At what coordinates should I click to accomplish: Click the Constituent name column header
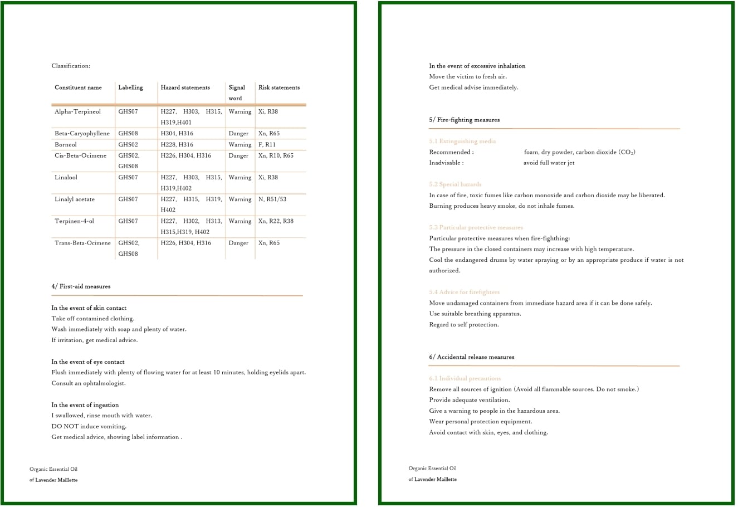[78, 87]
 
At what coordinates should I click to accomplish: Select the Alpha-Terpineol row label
[77, 111]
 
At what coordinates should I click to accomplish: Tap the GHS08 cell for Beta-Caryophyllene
[128, 134]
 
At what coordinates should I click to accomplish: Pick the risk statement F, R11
[267, 145]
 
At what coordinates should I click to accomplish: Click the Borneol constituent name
[66, 145]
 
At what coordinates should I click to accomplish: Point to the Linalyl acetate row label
[75, 199]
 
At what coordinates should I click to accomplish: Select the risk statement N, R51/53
[272, 199]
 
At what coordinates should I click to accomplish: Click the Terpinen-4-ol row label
[74, 221]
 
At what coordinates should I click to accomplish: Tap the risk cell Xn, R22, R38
[276, 221]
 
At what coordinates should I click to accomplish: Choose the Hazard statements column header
[185, 87]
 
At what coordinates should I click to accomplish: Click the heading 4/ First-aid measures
[81, 286]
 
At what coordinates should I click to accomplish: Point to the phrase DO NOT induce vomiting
[89, 426]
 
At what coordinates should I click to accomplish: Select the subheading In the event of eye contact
[88, 362]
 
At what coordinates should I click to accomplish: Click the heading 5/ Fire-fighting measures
[464, 120]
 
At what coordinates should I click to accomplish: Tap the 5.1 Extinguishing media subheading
[462, 142]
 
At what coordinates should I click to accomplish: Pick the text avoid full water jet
[549, 163]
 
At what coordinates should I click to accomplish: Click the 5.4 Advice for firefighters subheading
[464, 292]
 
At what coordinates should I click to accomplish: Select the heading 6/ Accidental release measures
[471, 357]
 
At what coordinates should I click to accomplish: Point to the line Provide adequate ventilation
[469, 400]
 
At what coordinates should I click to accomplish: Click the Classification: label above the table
[71, 66]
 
